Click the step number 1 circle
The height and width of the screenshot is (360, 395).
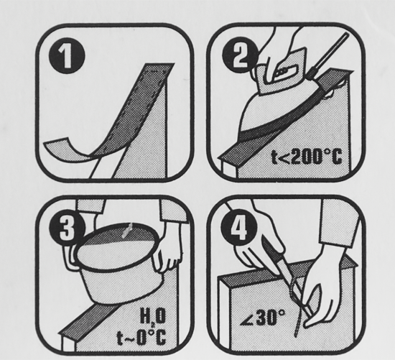(66, 56)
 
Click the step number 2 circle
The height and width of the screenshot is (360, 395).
(239, 56)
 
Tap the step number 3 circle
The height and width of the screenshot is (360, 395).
(66, 229)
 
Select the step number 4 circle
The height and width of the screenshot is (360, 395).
(239, 229)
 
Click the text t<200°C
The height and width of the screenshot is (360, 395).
(307, 157)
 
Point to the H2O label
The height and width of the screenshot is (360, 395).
(153, 317)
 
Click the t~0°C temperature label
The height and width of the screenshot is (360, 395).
(141, 337)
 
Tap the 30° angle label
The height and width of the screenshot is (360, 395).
(262, 318)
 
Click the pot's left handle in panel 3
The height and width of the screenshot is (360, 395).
(70, 257)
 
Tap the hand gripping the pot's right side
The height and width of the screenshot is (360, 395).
(167, 254)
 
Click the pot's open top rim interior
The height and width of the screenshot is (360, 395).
(117, 249)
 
